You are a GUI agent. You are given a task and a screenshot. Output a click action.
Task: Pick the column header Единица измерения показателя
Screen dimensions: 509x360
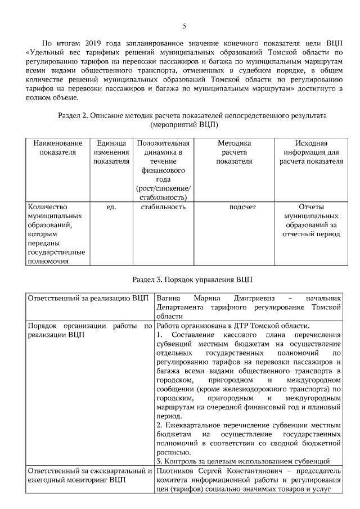(111, 152)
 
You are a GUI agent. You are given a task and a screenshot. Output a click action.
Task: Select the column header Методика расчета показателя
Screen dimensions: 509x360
(234, 152)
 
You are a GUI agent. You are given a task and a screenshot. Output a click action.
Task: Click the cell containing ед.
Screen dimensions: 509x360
(111, 207)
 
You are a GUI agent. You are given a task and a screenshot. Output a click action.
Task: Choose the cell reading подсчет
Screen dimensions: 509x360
(242, 207)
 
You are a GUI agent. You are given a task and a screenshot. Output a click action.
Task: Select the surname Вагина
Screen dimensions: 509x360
(169, 298)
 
